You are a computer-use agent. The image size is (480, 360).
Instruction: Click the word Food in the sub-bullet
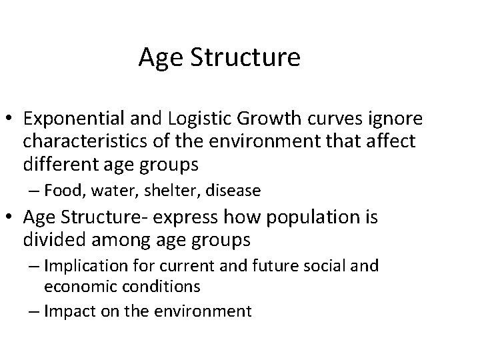click(64, 191)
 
